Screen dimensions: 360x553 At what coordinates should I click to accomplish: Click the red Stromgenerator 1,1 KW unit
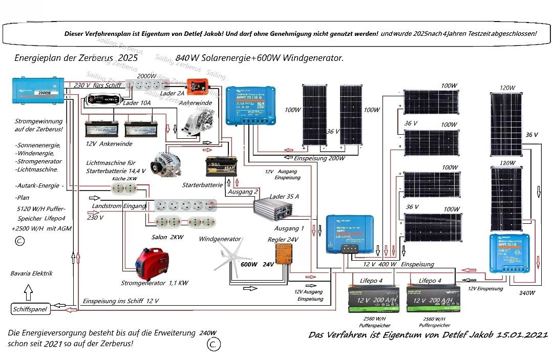click(147, 264)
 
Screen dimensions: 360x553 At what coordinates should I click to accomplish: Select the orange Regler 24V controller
click(284, 253)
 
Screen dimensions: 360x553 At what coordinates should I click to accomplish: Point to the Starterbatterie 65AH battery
click(221, 167)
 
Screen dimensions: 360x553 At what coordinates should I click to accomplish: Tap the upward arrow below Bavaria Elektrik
click(28, 292)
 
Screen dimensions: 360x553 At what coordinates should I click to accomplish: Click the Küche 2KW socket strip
click(124, 188)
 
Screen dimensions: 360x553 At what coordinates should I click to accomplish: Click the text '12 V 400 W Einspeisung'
click(398, 264)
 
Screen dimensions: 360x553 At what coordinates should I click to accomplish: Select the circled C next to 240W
click(214, 344)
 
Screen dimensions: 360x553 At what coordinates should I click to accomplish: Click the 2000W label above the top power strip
click(147, 76)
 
